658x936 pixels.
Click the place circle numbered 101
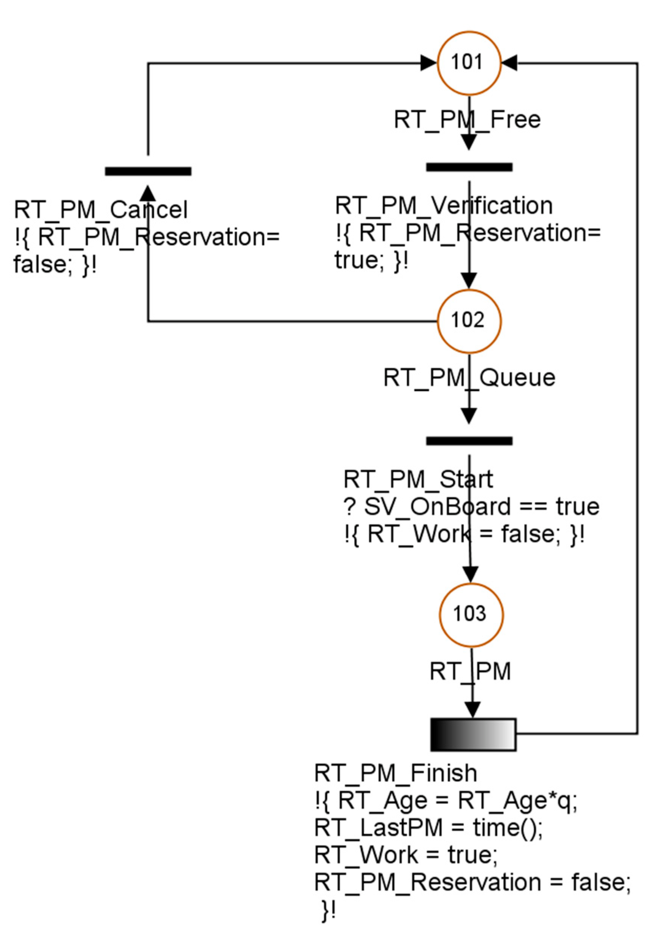pyautogui.click(x=468, y=63)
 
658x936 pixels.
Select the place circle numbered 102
pyautogui.click(x=468, y=321)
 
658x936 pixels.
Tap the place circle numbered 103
pyautogui.click(x=471, y=615)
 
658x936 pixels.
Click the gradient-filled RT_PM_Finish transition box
pyautogui.click(x=473, y=735)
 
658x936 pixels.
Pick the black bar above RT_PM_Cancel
pyautogui.click(x=148, y=171)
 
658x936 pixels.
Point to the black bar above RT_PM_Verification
pyautogui.click(x=469, y=167)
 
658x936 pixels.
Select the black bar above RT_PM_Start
pyautogui.click(x=469, y=441)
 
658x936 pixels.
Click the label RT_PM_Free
pyautogui.click(x=467, y=120)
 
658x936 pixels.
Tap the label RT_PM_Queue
pyautogui.click(x=469, y=378)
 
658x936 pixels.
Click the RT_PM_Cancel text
pyautogui.click(x=101, y=210)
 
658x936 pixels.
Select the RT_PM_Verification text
pyautogui.click(x=444, y=206)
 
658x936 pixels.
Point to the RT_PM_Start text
pyautogui.click(x=418, y=479)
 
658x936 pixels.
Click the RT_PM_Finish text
pyautogui.click(x=395, y=773)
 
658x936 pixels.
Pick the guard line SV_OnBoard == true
pyautogui.click(x=471, y=507)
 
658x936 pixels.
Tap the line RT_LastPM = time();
pyautogui.click(x=428, y=828)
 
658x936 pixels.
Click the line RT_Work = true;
pyautogui.click(x=406, y=855)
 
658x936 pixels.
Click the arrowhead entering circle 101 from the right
pyautogui.click(x=509, y=63)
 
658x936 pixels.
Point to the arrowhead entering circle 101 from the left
pyautogui.click(x=428, y=63)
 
